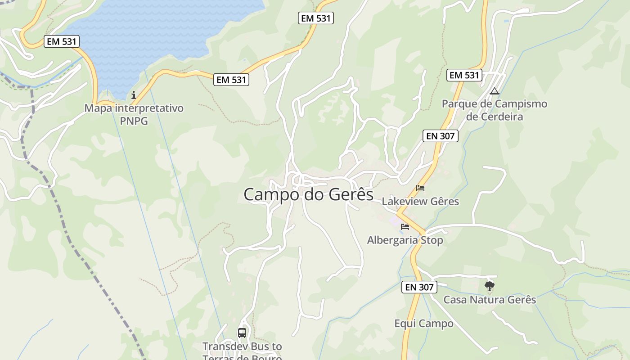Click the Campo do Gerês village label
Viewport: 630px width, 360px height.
[308, 194]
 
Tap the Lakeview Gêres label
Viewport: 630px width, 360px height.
[420, 201]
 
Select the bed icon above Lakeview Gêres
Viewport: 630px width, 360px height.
[420, 188]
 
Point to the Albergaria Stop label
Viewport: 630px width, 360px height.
[405, 240]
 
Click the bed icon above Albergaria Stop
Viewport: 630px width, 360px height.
[405, 226]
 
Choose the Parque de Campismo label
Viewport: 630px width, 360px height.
[494, 104]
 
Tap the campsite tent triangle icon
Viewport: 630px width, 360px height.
[495, 91]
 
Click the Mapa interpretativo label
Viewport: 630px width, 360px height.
[134, 108]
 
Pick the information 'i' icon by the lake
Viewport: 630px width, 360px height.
[134, 95]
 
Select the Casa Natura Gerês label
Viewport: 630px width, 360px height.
[490, 299]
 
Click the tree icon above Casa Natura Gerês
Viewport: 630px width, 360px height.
[490, 286]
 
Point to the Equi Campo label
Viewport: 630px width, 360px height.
[424, 324]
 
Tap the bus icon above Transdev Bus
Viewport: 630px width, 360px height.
[242, 333]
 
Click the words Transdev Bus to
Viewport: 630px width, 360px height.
[242, 346]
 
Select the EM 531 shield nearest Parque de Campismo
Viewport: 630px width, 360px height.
[464, 75]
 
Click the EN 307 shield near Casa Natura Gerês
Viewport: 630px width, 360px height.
[419, 287]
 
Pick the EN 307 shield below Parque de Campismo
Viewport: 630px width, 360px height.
[440, 136]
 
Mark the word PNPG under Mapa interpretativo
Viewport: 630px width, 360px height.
[134, 121]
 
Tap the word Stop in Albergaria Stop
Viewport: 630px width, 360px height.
[432, 240]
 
